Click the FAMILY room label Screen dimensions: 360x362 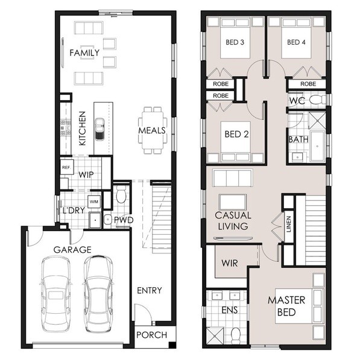(84, 52)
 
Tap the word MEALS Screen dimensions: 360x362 (152, 131)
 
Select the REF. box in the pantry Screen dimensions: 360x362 (67, 167)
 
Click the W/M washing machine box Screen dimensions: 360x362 (94, 202)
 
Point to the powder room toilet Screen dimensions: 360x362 (121, 194)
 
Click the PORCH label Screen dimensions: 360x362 (151, 335)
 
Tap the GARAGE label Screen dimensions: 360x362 (72, 250)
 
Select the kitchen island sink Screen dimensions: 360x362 (99, 129)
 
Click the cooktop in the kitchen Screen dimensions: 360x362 (66, 127)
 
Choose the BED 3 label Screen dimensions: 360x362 (235, 42)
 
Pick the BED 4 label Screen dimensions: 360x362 (296, 42)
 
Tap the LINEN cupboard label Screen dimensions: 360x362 (289, 224)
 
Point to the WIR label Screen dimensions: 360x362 (230, 263)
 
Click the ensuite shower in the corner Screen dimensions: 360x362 (215, 335)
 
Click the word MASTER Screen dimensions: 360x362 (286, 300)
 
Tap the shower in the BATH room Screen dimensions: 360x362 (317, 121)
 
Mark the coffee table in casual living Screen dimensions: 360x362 (233, 202)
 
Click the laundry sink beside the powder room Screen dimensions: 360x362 (95, 220)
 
